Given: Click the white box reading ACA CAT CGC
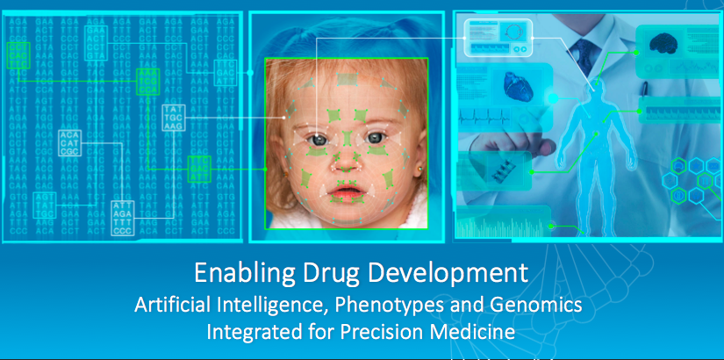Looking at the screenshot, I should (x=70, y=141).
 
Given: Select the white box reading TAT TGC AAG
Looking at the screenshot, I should (x=174, y=118).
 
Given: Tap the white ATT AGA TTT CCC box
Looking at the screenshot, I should (x=123, y=218).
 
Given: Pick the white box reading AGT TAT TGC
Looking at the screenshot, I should (x=45, y=204).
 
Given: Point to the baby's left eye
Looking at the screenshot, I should (x=374, y=138).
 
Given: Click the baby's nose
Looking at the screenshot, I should (x=348, y=163).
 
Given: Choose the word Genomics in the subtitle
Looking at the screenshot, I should (x=533, y=306).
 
